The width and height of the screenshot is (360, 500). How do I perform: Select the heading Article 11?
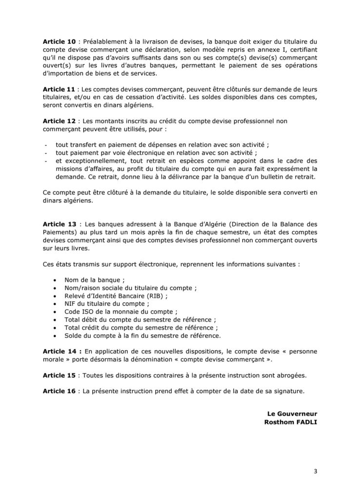tap(59, 89)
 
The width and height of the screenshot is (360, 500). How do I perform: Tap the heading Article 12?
tap(59, 121)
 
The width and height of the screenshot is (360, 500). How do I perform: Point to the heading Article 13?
tap(59, 223)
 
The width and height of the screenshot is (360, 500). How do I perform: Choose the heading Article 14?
tap(60, 352)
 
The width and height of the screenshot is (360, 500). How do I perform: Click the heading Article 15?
tap(59, 375)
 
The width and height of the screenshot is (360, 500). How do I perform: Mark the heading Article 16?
tap(59, 391)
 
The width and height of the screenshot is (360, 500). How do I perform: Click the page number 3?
tap(315, 471)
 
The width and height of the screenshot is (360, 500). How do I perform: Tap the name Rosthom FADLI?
tap(287, 422)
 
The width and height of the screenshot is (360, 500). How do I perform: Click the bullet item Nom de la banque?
tap(94, 280)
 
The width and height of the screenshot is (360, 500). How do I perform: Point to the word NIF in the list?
tap(71, 304)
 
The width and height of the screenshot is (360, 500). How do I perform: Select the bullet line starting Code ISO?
tap(121, 312)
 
